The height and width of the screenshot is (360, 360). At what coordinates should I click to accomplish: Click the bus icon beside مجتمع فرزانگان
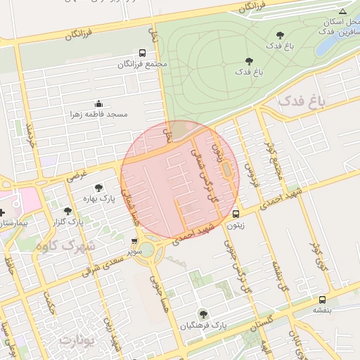[143, 53]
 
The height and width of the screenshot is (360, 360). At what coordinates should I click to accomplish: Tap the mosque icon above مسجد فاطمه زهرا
[98, 103]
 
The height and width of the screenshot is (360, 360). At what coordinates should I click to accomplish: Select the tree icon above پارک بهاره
[98, 188]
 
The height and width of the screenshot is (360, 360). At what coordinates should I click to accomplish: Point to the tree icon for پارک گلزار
[67, 210]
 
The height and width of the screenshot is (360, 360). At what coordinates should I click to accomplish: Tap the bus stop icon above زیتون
[236, 214]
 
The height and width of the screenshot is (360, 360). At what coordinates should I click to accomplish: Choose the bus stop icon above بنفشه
[321, 299]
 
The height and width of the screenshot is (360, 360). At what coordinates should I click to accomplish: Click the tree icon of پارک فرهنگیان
[203, 314]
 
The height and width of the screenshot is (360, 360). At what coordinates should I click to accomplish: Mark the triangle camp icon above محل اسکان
[342, 12]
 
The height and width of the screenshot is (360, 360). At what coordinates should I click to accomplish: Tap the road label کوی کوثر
[316, 242]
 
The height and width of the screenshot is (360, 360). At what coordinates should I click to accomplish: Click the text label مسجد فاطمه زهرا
[98, 114]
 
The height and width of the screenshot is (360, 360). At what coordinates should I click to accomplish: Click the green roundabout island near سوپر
[149, 255]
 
